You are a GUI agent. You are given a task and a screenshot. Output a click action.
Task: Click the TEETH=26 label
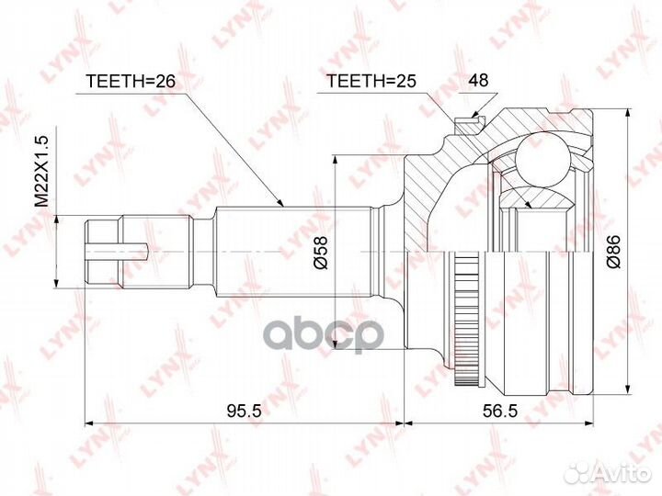[130, 81]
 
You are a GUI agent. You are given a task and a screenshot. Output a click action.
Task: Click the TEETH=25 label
[371, 81]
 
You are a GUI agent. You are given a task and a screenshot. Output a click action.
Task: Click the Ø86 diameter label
[613, 252]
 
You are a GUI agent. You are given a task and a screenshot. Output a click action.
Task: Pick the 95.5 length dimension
[245, 410]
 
